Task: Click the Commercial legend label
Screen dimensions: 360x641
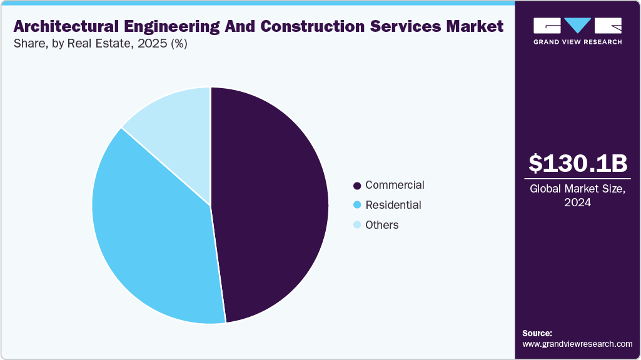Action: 395,185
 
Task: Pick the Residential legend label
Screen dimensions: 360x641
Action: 393,205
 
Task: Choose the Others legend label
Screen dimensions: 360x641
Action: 381,225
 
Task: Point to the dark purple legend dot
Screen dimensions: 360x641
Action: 357,186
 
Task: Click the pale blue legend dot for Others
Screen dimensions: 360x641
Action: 357,225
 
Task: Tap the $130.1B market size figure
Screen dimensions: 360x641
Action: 577,163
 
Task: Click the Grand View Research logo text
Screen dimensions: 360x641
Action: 577,42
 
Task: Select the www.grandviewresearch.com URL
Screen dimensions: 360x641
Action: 577,344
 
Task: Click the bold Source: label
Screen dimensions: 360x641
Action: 537,333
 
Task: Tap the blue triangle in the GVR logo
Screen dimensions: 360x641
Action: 577,25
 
